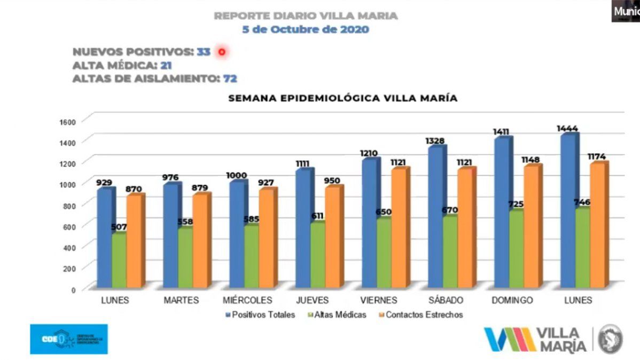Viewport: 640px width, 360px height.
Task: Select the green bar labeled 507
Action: click(119, 261)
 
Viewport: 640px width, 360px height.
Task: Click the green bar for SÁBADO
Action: click(450, 251)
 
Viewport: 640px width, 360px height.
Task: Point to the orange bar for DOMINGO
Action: click(531, 226)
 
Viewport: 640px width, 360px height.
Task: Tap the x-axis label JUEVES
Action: click(313, 300)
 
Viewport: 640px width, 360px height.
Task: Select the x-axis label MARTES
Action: click(181, 300)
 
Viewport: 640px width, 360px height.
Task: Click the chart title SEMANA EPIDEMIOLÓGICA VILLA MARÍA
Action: click(342, 98)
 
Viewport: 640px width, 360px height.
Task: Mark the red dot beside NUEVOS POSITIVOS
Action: click(222, 52)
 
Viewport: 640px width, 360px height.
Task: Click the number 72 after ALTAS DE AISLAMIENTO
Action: click(230, 79)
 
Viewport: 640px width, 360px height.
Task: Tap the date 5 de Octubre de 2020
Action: click(305, 29)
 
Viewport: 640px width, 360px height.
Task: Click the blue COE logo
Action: click(68, 339)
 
